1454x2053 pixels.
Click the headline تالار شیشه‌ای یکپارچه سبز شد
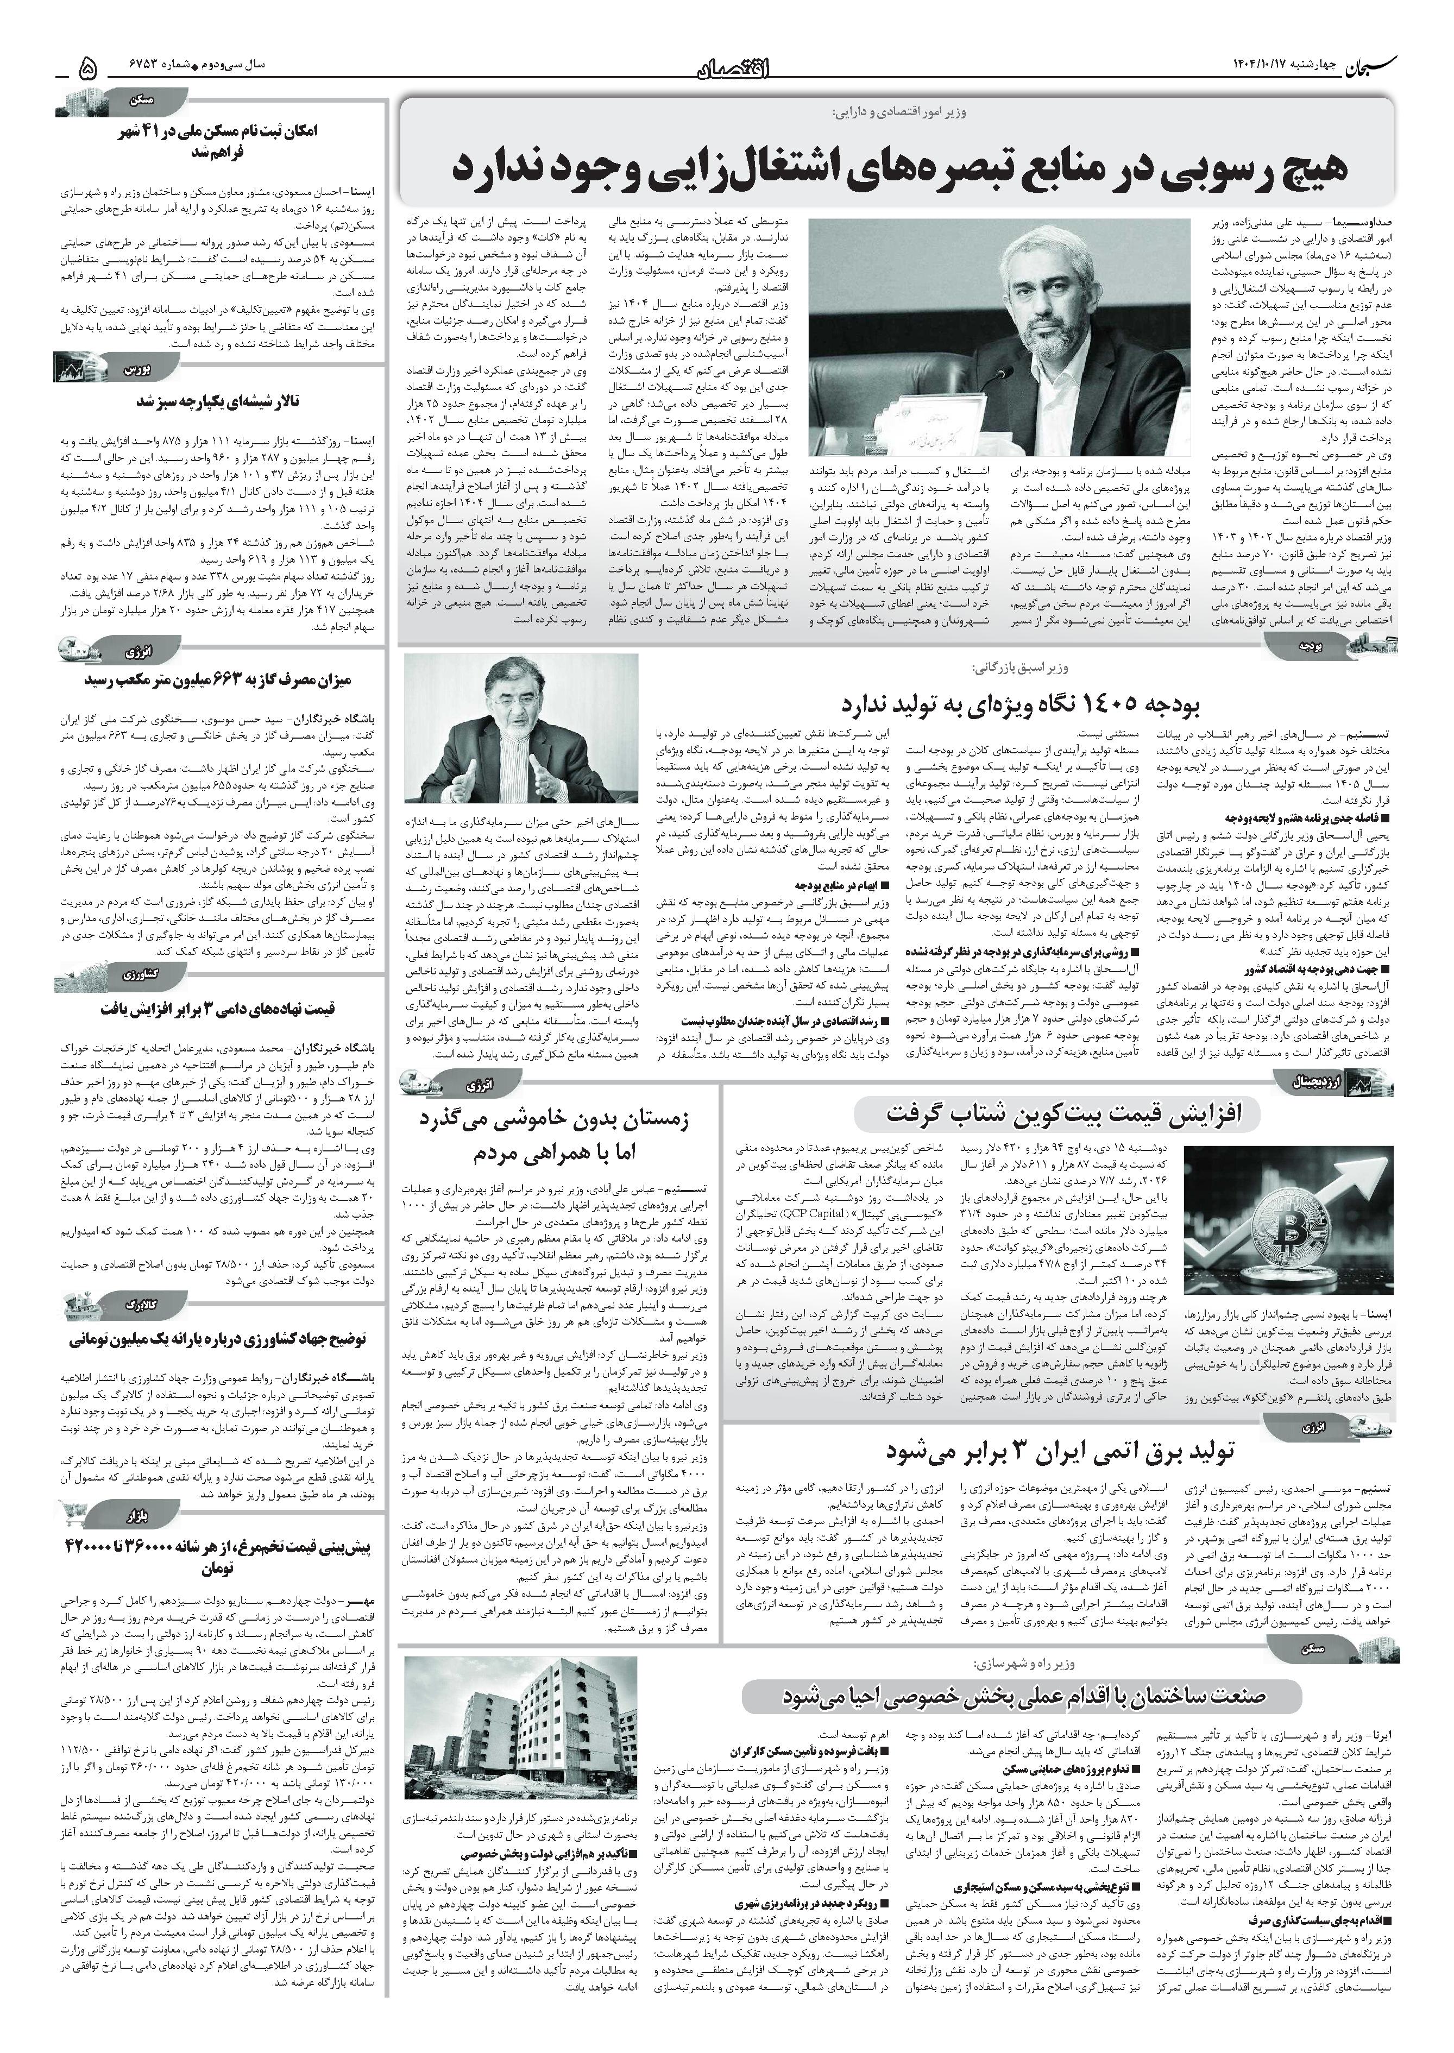click(218, 402)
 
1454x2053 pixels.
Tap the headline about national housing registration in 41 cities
click(218, 141)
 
